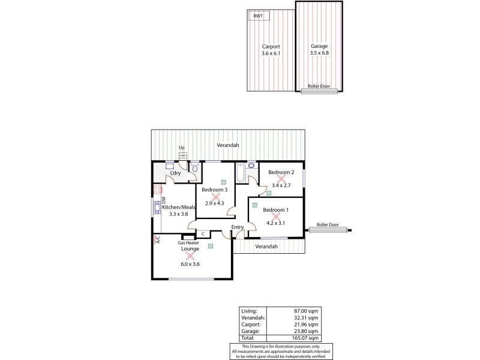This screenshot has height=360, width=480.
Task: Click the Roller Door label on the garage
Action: click(319, 86)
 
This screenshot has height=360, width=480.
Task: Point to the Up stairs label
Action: click(181, 148)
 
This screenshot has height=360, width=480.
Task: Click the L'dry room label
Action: click(175, 173)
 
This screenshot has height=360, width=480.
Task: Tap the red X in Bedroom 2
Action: click(281, 179)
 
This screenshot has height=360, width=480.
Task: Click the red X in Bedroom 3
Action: click(216, 196)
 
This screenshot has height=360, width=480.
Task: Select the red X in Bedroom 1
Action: click(276, 216)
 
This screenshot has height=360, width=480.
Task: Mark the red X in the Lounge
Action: click(190, 256)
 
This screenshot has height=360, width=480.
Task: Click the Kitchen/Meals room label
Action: click(179, 207)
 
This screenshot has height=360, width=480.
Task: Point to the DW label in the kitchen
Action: click(163, 202)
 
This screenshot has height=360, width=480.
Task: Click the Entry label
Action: click(238, 227)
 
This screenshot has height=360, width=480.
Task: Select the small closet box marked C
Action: click(203, 233)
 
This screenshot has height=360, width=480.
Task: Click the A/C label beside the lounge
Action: click(158, 239)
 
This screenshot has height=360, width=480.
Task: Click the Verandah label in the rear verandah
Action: click(228, 145)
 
